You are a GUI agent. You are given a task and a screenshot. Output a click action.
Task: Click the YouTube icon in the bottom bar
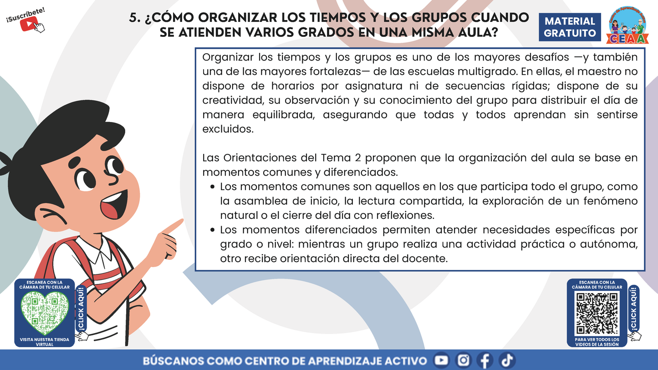(441, 360)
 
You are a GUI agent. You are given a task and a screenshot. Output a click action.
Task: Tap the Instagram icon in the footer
(463, 360)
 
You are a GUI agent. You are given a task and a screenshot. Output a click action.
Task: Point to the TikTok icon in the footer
(506, 360)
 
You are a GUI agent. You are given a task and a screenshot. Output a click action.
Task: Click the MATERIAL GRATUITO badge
(570, 27)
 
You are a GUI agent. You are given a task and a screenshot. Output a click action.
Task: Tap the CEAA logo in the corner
(628, 26)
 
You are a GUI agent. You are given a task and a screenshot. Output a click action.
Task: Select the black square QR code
(597, 313)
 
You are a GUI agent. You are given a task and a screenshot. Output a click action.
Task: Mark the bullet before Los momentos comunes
(213, 187)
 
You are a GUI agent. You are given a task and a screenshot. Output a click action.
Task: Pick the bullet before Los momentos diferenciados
(213, 230)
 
